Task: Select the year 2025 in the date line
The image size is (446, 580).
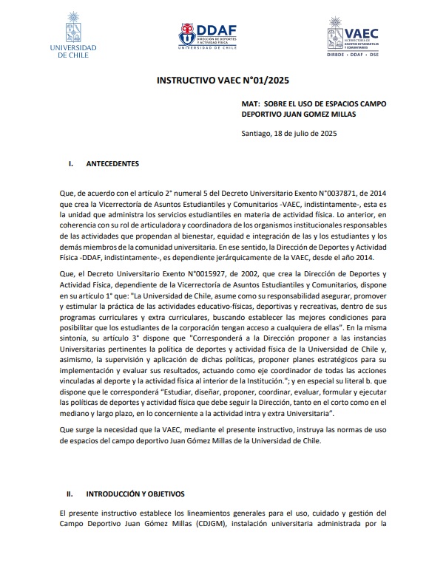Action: click(326, 134)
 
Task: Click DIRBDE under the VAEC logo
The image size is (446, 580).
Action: click(342, 54)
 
